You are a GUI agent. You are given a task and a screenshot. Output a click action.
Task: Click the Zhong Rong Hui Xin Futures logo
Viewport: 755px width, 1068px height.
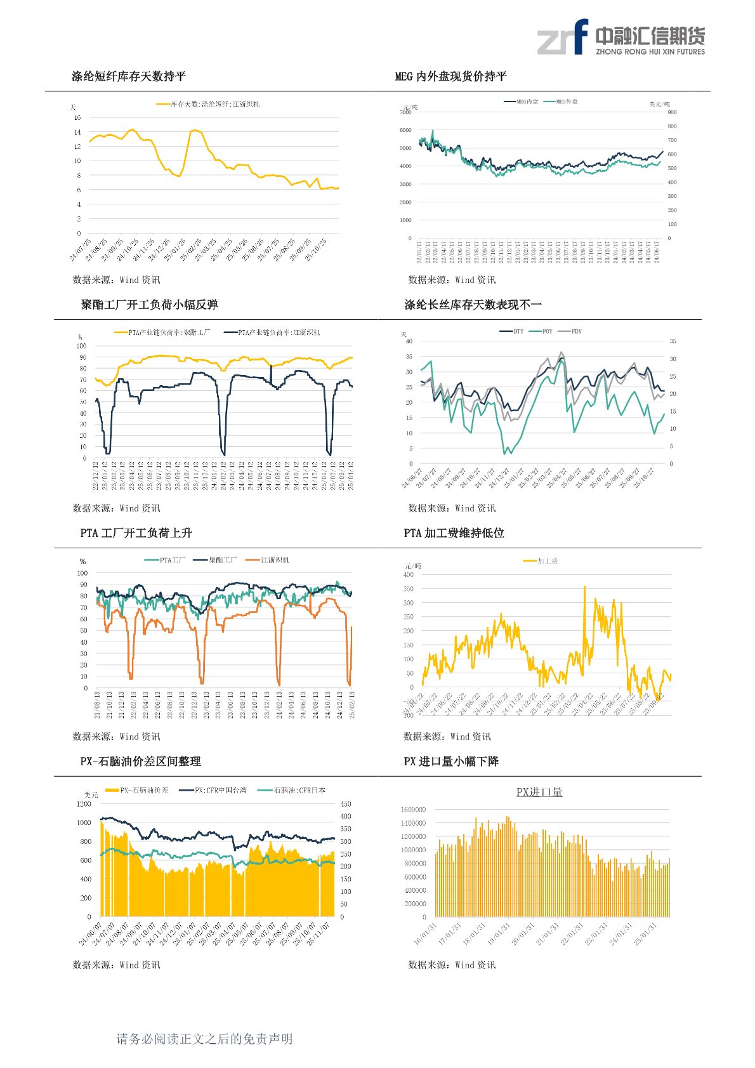pyautogui.click(x=620, y=37)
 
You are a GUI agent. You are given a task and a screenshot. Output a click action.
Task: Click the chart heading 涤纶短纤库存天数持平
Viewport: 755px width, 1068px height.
pyautogui.click(x=129, y=77)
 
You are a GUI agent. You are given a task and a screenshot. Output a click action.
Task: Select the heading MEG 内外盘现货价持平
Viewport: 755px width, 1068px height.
pyautogui.click(x=450, y=77)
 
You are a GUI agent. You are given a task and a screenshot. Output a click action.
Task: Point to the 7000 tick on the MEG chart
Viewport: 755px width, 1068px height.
pyautogui.click(x=405, y=112)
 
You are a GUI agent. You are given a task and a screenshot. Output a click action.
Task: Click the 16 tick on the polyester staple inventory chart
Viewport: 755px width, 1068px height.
pyautogui.click(x=77, y=117)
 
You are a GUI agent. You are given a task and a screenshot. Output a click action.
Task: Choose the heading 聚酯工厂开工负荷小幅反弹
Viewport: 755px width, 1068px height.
pyautogui.click(x=149, y=305)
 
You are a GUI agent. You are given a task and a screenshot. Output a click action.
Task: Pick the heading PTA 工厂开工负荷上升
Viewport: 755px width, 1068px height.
pyautogui.click(x=136, y=534)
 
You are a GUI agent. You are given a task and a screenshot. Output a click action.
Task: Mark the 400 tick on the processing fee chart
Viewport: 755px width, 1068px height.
pyautogui.click(x=408, y=574)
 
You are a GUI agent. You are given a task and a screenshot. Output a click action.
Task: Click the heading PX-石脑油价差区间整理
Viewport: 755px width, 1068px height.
pyautogui.click(x=140, y=761)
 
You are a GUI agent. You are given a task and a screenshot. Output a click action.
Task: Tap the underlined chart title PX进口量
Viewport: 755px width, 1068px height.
pyautogui.click(x=539, y=792)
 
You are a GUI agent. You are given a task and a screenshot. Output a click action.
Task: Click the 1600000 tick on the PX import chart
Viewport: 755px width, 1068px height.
pyautogui.click(x=413, y=810)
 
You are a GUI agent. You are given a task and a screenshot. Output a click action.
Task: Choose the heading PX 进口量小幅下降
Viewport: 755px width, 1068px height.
pyautogui.click(x=451, y=761)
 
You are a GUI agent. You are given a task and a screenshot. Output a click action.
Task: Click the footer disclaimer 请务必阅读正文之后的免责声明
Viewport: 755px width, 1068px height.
pyautogui.click(x=204, y=1039)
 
